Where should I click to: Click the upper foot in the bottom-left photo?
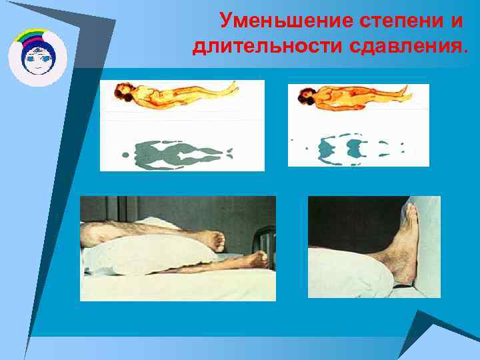pos(215,239)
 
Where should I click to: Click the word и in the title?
pos(456,21)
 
